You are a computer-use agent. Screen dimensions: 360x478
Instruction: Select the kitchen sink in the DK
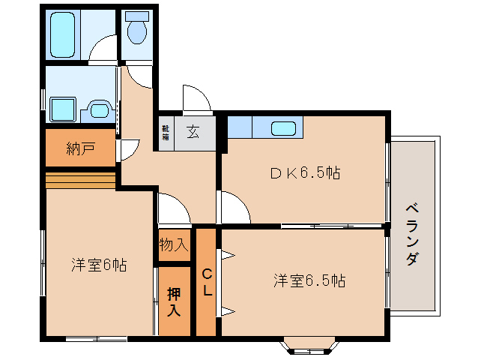[284, 128]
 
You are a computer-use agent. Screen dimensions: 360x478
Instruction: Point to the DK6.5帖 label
[305, 173]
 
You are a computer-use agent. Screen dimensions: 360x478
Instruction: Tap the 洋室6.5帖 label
[309, 281]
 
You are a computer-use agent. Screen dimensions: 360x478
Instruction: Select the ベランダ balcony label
[413, 233]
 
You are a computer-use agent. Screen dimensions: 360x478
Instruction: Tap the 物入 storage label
[174, 244]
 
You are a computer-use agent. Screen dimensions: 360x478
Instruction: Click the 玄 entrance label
[193, 133]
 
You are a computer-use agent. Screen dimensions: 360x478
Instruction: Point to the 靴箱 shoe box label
[165, 133]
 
